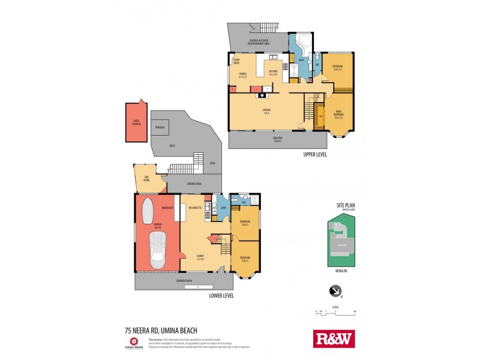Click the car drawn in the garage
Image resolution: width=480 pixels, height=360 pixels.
pyautogui.click(x=158, y=248)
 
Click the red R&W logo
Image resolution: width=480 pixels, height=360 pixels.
pyautogui.click(x=334, y=338)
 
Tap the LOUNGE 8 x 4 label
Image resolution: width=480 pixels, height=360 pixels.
pyautogui.click(x=267, y=111)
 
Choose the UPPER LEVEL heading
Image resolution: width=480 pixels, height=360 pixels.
pyautogui.click(x=314, y=155)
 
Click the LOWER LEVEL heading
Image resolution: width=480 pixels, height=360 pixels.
pyautogui.click(x=221, y=295)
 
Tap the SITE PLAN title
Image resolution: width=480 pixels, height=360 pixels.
pyautogui.click(x=346, y=205)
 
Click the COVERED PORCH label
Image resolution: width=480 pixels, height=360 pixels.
pyautogui.click(x=184, y=280)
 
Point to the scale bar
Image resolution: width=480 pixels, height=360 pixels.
pyautogui.click(x=336, y=312)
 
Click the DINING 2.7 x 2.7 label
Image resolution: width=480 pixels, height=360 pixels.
pyautogui.click(x=242, y=75)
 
